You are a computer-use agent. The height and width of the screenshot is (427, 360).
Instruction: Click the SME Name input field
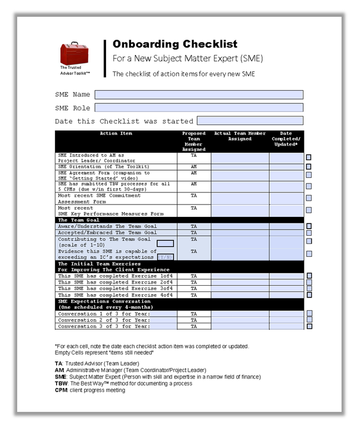[x=199, y=95]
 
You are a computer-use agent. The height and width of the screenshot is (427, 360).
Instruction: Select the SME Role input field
[x=199, y=108]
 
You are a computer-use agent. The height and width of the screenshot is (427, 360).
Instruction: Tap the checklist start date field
[x=250, y=121]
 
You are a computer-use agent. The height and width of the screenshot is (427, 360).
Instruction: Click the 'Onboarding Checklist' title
[x=175, y=44]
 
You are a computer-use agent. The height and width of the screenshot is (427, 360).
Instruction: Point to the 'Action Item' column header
[x=116, y=134]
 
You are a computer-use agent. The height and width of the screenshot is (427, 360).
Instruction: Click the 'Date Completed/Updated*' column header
[x=286, y=140]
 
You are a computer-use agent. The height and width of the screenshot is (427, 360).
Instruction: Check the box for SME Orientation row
[x=309, y=167]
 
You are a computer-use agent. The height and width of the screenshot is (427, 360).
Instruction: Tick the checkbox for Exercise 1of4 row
[x=309, y=276]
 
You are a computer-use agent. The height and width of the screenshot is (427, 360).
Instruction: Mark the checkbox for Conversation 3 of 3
[x=309, y=326]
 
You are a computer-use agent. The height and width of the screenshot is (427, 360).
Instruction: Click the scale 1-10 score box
[x=165, y=244]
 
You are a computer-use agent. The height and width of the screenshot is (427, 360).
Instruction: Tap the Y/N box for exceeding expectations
[x=165, y=257]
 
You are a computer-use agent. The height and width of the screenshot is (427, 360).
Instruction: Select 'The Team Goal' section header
[x=79, y=220]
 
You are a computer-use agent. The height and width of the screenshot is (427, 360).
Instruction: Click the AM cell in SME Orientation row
[x=194, y=167]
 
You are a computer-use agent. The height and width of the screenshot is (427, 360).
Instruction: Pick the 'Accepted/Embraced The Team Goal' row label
[x=108, y=232]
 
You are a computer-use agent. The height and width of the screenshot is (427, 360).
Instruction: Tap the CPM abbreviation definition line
[x=90, y=390]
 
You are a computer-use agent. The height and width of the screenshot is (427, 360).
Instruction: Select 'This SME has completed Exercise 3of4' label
[x=116, y=289]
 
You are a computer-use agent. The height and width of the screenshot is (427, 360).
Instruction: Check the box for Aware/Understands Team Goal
[x=309, y=226]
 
